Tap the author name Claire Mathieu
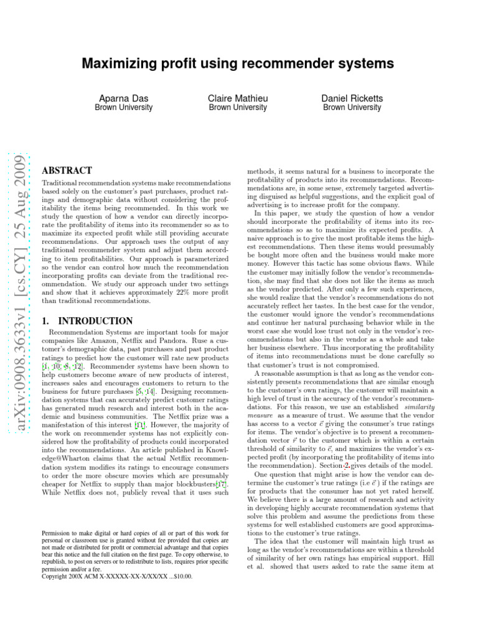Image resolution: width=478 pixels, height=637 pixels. coord(238,98)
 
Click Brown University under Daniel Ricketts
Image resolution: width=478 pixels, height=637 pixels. coord(352,108)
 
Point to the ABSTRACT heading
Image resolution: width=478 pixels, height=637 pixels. coord(67,170)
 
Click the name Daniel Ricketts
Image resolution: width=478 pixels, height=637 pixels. coord(352,98)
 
